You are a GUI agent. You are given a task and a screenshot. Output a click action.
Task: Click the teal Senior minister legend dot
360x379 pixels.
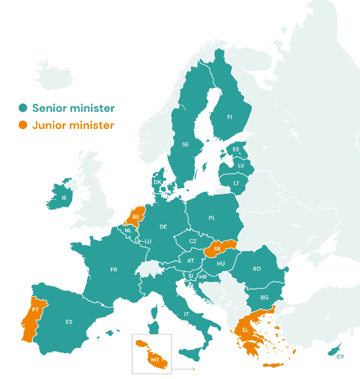23,108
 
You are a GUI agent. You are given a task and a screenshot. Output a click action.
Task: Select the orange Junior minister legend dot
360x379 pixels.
23,125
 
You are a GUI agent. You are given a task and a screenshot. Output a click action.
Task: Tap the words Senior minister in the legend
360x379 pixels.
73,108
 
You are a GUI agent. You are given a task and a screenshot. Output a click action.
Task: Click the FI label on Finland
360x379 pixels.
229,117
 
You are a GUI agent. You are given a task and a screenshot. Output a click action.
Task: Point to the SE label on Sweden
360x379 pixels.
185,144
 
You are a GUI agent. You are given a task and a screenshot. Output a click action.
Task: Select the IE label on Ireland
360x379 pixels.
64,198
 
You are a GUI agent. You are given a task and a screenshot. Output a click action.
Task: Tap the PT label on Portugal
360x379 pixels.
36,310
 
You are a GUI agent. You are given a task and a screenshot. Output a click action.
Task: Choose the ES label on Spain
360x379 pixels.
69,322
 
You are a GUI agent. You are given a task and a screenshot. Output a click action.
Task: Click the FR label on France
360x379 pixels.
114,270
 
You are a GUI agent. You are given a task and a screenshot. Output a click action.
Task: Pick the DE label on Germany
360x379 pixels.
163,227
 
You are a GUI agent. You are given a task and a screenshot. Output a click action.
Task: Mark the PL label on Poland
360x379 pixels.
212,218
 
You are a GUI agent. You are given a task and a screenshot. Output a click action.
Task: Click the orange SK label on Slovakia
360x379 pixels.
217,249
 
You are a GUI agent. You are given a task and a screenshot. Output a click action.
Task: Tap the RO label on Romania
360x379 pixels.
257,269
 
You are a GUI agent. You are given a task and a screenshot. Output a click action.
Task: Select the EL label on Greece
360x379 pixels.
245,330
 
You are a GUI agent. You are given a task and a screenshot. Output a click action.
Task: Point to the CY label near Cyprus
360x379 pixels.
340,357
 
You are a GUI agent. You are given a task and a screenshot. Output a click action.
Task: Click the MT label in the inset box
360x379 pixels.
155,360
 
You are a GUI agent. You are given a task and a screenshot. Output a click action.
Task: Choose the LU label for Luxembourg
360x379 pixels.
148,241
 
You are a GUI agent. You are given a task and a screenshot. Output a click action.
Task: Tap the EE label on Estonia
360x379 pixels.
236,149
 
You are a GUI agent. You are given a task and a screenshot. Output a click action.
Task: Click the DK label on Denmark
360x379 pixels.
158,182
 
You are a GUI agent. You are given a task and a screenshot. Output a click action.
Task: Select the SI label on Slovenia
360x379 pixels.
191,276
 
